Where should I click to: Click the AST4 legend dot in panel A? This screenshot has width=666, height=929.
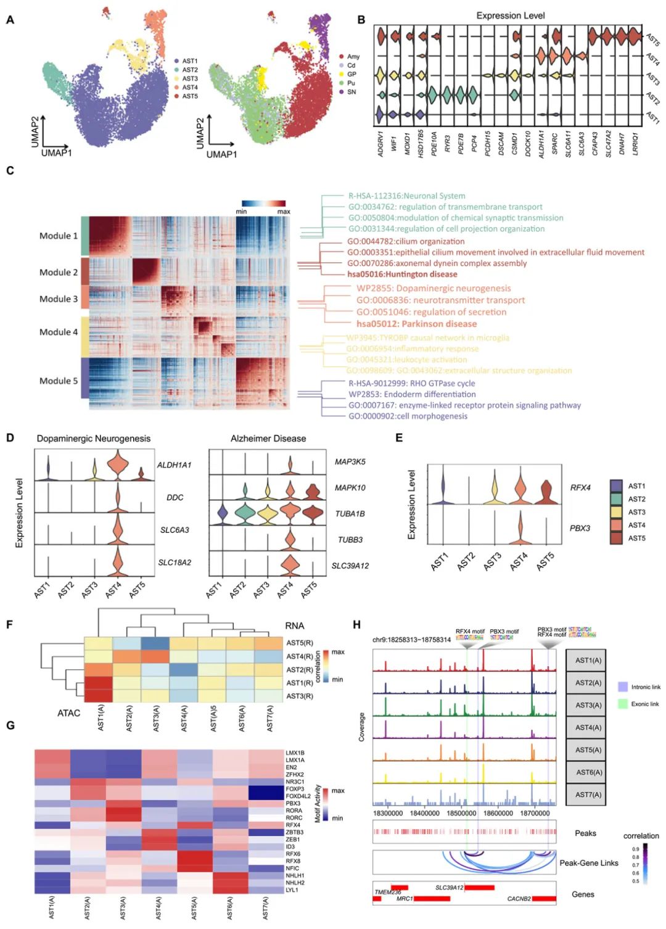(176, 88)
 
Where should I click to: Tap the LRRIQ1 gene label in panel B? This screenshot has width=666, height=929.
(635, 144)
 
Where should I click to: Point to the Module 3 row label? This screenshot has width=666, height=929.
(59, 299)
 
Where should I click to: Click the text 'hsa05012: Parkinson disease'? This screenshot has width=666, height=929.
(416, 324)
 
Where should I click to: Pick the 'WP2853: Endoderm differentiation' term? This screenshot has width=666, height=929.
(412, 394)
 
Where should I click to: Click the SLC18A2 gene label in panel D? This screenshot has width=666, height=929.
(175, 563)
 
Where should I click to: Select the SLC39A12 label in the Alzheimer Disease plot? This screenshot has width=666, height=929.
(350, 566)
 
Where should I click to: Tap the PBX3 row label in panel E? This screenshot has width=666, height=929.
(580, 528)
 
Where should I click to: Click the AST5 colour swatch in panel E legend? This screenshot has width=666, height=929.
(616, 538)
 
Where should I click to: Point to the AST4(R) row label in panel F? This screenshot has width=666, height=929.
(300, 656)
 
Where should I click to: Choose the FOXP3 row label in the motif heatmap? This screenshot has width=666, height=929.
(294, 789)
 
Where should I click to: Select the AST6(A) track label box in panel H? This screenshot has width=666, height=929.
(588, 772)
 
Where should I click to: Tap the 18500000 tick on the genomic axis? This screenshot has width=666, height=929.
(461, 813)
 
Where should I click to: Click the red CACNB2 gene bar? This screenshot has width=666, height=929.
(544, 899)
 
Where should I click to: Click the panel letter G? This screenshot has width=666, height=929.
(10, 725)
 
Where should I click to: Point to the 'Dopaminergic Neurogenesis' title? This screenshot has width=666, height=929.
(94, 439)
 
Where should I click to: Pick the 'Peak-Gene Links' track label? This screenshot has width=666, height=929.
(588, 863)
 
